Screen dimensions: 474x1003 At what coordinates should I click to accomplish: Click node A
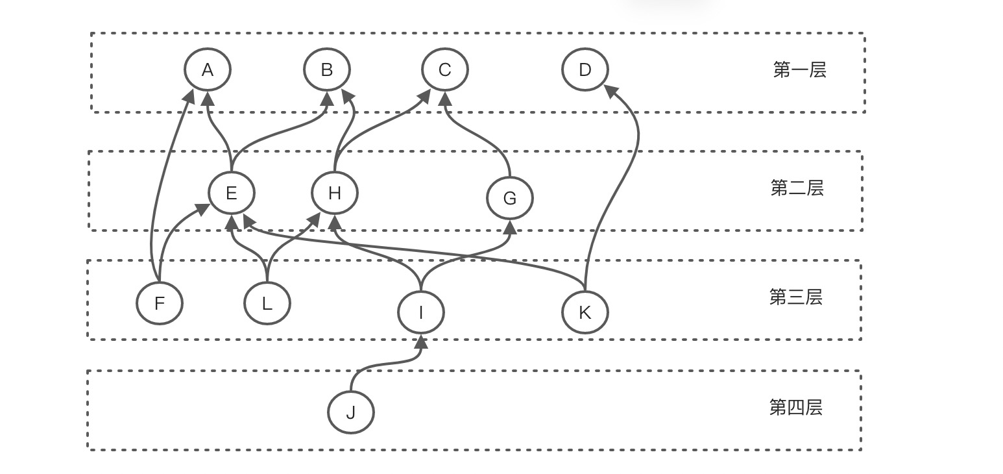[x=208, y=69]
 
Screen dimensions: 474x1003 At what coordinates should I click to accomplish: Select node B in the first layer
[x=327, y=69]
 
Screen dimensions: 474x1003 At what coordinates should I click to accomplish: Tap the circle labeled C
[x=444, y=69]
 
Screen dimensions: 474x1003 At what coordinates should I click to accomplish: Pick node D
[x=585, y=69]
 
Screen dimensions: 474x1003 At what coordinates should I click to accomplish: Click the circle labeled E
[x=232, y=193]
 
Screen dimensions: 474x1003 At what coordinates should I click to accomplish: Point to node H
[x=335, y=193]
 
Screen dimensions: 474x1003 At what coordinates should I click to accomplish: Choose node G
[x=510, y=198]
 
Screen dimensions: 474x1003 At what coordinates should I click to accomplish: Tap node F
[x=160, y=303]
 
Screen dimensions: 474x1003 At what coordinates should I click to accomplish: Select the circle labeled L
[x=267, y=303]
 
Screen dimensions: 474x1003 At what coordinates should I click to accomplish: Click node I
[x=421, y=312]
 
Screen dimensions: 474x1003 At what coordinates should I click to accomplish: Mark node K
[x=585, y=312]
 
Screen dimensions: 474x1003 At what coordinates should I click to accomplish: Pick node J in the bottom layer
[x=351, y=412]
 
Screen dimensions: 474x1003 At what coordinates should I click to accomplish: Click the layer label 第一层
[x=799, y=70]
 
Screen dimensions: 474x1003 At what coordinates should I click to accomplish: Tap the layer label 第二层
[x=797, y=188]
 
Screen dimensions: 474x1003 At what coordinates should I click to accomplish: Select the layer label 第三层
[x=795, y=297]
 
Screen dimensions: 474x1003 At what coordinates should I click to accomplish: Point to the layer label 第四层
[x=795, y=408]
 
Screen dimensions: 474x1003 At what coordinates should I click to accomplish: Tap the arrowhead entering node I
[x=421, y=342]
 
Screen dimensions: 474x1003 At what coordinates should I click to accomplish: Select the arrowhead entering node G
[x=510, y=227]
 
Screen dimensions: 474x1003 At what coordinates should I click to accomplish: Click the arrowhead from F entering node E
[x=202, y=209]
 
